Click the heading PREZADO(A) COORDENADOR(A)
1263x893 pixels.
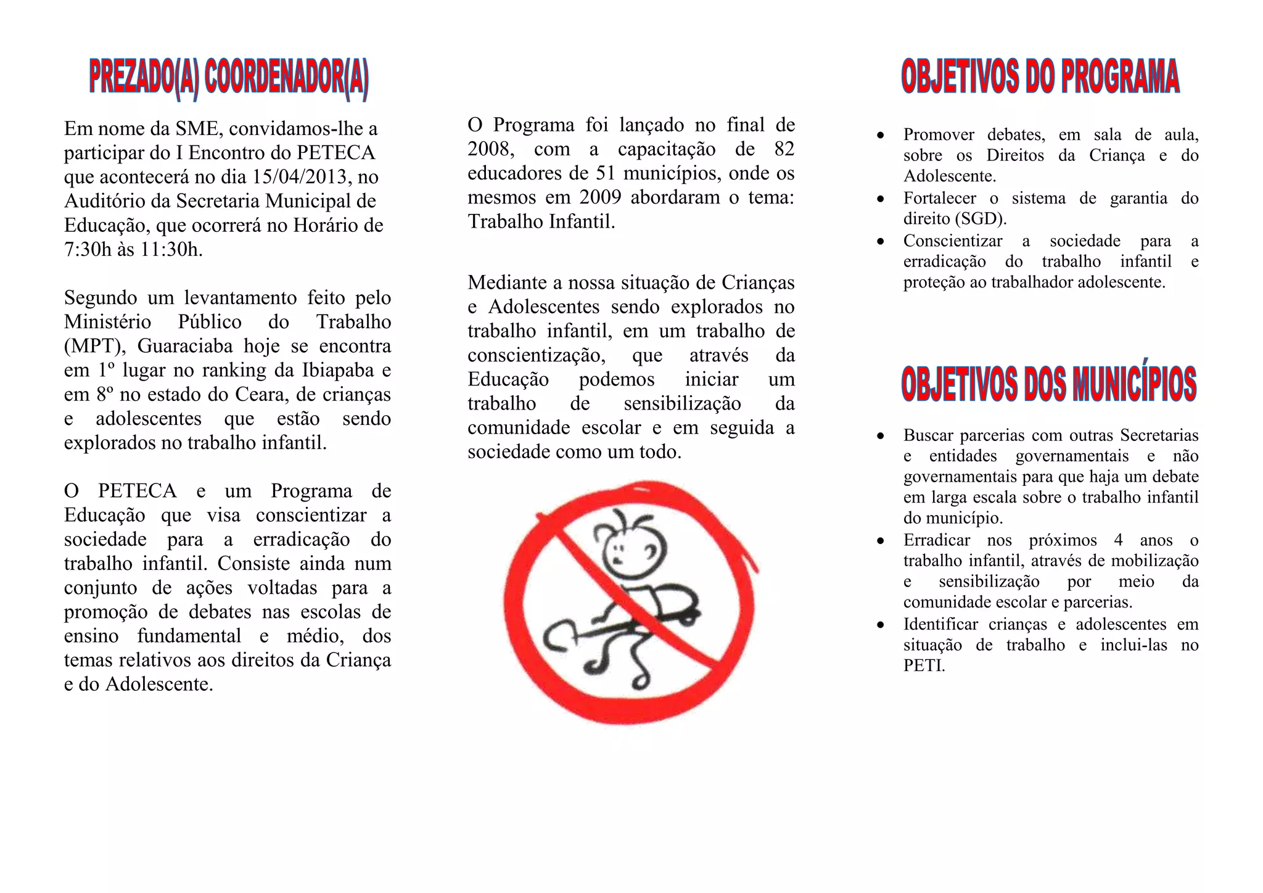coord(229,80)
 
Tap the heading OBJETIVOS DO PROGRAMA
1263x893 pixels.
coord(1040,77)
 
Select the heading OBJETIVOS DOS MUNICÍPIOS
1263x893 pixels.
coord(1048,383)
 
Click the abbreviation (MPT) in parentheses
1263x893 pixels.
coord(94,346)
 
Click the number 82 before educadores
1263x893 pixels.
coord(784,149)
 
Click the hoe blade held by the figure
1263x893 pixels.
coord(559,639)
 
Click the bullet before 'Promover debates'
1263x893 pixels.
coord(881,135)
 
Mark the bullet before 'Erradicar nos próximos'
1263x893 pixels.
coord(881,541)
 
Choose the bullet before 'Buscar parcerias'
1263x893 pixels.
coord(881,436)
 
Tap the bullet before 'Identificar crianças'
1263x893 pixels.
coord(881,625)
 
